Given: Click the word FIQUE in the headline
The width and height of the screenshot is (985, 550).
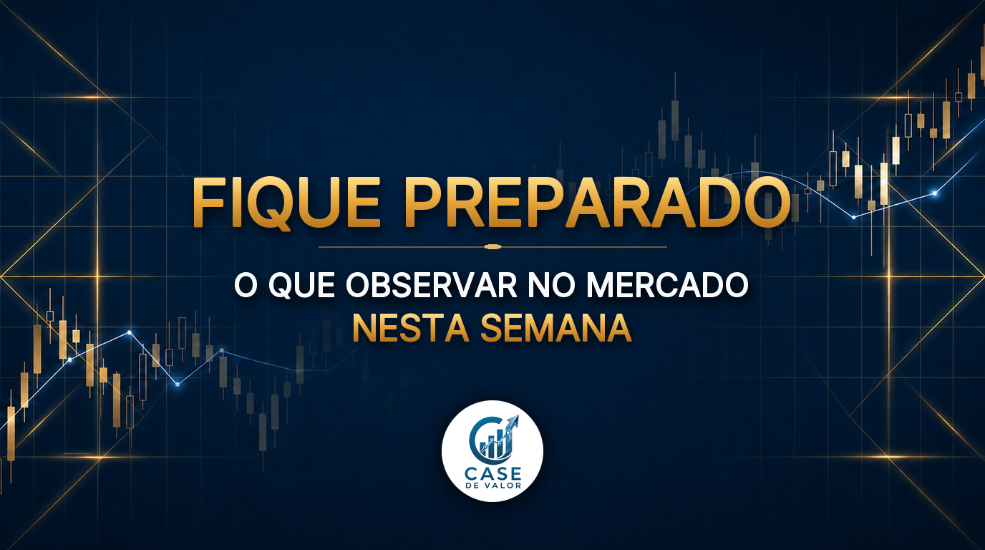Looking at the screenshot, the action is click(x=286, y=203).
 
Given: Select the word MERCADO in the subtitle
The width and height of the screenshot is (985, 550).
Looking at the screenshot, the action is click(x=667, y=286).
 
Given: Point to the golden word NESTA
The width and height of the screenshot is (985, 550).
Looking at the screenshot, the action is click(x=411, y=328).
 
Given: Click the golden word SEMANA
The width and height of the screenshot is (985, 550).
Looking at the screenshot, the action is click(x=555, y=328).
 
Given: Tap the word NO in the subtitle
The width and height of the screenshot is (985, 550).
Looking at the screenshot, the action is click(x=552, y=286).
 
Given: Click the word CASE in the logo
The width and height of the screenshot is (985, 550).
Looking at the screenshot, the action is click(x=492, y=474).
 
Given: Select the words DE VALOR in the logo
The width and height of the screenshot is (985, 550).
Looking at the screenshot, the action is click(x=493, y=486).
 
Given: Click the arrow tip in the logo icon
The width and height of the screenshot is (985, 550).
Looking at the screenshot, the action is click(x=517, y=417).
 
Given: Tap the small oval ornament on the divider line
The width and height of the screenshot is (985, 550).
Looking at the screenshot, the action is click(x=492, y=247).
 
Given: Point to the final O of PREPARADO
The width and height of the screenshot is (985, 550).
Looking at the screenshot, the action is click(x=765, y=203).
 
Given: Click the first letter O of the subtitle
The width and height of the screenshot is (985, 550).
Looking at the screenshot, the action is click(x=246, y=286).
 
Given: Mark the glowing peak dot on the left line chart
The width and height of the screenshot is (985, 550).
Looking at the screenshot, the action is click(x=130, y=332).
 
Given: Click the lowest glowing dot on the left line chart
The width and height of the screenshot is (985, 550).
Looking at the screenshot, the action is click(x=178, y=384).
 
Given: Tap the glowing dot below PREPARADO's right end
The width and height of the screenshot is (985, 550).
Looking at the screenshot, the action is click(x=854, y=218).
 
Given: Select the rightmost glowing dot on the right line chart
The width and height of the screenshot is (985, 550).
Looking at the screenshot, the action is click(x=935, y=193).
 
